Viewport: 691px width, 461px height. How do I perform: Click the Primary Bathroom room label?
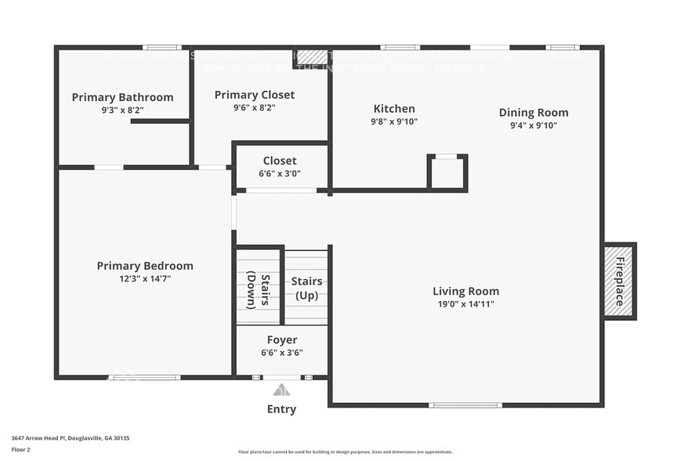pos(122,97)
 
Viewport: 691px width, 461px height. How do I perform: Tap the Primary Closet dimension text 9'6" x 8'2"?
pos(255,107)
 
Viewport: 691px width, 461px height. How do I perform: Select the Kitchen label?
pos(394,109)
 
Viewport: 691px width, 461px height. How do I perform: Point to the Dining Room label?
pos(534,112)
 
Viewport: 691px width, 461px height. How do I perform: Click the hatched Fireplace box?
pos(619,281)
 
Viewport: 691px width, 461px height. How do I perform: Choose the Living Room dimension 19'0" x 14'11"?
pos(465,304)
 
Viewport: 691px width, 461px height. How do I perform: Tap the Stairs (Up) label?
pos(306,288)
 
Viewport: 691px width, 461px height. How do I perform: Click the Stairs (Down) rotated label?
pos(259,290)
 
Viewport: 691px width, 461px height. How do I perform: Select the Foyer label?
pos(282,340)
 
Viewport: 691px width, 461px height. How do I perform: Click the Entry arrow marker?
pos(281,390)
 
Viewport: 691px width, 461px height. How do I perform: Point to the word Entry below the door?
pos(281,409)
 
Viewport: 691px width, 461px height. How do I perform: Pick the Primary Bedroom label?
pos(145,266)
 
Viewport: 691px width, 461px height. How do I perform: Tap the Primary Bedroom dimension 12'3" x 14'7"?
pos(145,278)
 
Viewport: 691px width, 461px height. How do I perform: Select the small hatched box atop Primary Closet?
pos(311,58)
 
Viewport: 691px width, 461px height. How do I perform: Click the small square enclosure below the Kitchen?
pos(447,172)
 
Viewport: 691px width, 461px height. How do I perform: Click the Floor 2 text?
pos(21,450)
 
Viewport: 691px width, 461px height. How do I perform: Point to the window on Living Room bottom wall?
pos(465,405)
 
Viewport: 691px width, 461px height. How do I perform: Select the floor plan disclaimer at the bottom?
pos(345,452)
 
